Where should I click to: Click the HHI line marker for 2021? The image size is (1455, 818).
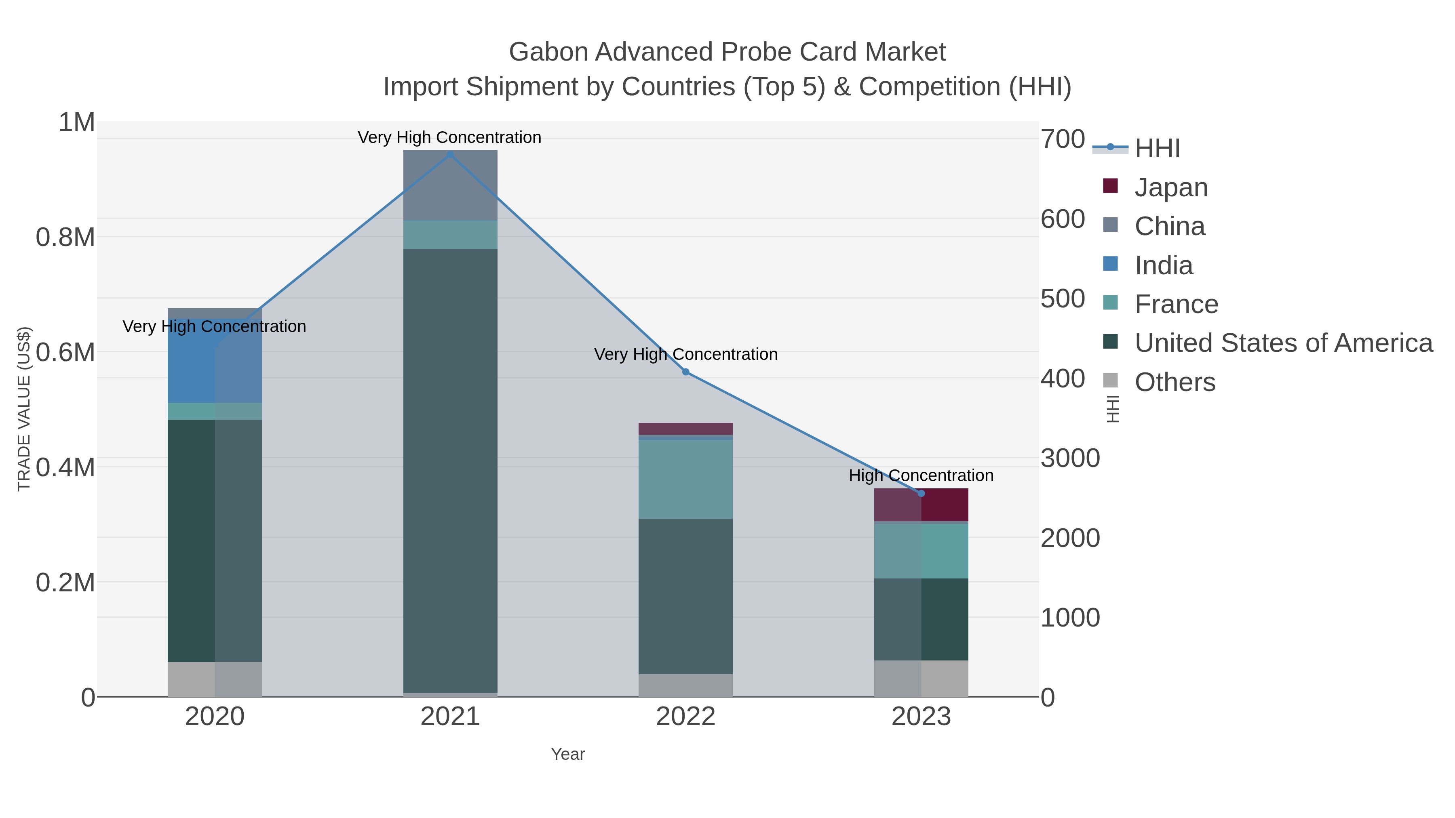coord(450,155)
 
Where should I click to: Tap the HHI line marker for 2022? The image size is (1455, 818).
coord(686,372)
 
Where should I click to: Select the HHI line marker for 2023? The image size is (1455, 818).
coord(921,493)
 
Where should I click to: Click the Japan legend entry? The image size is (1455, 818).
coord(1171,187)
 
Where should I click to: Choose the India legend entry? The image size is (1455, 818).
coord(1164,265)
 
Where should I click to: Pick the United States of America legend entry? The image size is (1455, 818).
coord(1283,343)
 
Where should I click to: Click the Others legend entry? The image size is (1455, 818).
coord(1175,382)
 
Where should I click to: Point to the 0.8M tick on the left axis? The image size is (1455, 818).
coord(65,238)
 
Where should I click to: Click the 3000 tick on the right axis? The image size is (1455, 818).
coord(1070,458)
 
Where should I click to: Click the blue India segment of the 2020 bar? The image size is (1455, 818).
coord(191,361)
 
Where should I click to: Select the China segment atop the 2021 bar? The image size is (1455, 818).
coord(450,185)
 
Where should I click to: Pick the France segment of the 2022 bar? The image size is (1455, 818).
coord(686,479)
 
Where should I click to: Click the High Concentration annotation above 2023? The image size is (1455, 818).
coord(921,475)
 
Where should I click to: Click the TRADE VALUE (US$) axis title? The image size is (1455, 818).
coord(24,409)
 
